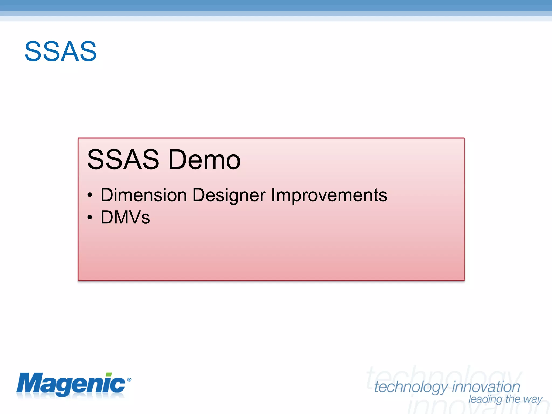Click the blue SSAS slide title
(61, 51)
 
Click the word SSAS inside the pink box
(123, 160)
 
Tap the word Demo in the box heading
(204, 160)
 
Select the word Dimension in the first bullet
(144, 195)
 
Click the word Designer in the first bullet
(229, 195)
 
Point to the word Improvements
(329, 195)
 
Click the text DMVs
(125, 217)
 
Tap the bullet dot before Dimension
(90, 195)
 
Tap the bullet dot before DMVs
(90, 217)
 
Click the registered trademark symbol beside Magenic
(129, 380)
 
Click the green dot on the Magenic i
(109, 375)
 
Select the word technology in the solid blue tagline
(411, 387)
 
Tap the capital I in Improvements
(273, 195)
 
